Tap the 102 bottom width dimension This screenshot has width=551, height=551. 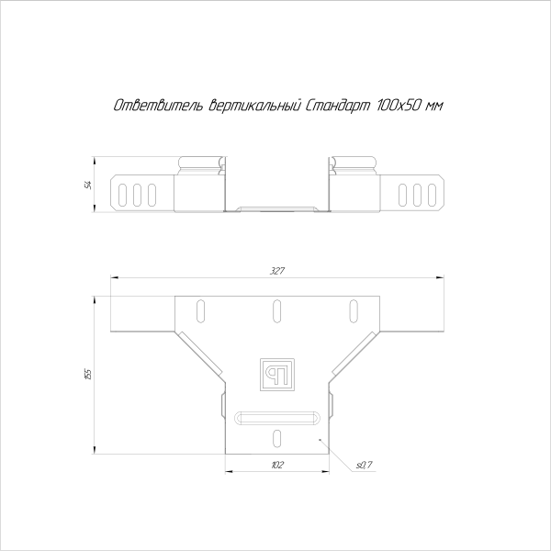click(275, 466)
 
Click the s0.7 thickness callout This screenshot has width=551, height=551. click(364, 467)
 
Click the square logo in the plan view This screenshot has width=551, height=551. click(275, 371)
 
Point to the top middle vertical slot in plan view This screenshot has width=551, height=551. click(275, 312)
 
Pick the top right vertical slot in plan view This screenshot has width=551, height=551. click(353, 312)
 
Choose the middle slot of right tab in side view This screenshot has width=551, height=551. click(416, 194)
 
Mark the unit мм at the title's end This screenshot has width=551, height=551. click(434, 107)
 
